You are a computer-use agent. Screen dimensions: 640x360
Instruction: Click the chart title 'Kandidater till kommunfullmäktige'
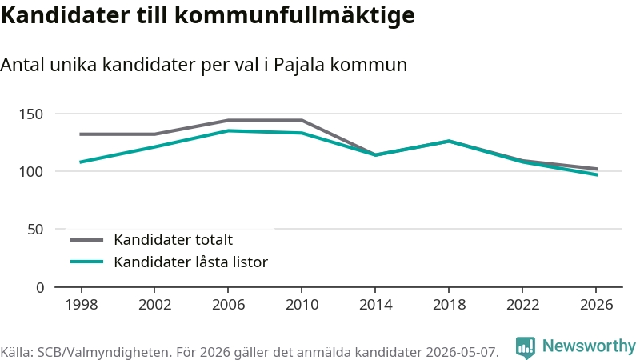208,15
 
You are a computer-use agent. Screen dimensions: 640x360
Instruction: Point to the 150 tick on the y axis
31,114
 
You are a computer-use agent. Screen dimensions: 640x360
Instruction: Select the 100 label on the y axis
31,172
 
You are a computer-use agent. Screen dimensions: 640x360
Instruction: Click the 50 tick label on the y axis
35,230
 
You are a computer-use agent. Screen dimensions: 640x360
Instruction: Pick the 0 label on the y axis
39,288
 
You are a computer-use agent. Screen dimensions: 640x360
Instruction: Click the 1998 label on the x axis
82,305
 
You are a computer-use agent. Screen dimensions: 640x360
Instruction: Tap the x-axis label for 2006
228,305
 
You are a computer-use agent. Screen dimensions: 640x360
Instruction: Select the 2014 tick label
375,305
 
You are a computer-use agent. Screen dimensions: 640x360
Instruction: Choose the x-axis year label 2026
596,305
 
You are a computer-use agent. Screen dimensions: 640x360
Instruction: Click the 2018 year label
449,305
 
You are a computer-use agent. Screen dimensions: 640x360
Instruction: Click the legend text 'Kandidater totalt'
173,239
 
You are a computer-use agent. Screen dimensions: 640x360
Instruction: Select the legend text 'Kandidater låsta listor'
190,262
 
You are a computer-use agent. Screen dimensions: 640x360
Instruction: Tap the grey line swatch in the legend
86,240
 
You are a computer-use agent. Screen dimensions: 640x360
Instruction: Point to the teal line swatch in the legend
86,262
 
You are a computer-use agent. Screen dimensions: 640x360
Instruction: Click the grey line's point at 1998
82,134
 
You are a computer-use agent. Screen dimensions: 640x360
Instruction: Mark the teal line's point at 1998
82,162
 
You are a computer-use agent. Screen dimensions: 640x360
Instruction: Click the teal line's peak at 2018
449,142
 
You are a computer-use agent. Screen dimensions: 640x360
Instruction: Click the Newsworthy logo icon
526,347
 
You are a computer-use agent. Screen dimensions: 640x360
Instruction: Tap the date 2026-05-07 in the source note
462,352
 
